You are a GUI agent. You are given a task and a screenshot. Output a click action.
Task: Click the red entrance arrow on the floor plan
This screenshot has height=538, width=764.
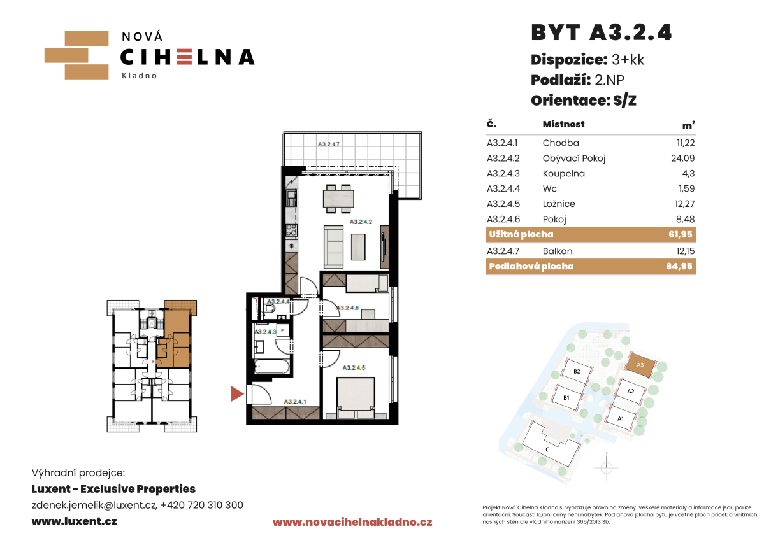point(237,393)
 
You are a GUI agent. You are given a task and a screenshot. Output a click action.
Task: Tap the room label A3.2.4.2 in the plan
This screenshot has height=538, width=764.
point(361,222)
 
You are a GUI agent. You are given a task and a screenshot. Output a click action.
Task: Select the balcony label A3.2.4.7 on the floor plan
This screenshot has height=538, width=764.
point(328,144)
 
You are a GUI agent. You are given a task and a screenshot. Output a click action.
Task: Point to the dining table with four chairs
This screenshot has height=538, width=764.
point(338,199)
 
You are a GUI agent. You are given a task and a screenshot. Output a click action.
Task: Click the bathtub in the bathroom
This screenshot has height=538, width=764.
point(272,366)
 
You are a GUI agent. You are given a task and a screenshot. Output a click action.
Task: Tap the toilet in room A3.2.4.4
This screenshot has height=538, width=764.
point(270,308)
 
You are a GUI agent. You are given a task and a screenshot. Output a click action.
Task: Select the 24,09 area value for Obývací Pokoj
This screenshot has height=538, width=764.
point(682,159)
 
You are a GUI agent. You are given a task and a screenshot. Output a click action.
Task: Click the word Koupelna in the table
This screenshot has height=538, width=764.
point(563,173)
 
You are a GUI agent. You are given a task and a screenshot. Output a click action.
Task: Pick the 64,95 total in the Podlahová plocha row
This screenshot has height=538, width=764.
point(679,266)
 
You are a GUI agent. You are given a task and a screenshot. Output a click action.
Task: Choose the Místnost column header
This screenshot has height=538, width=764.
point(563,124)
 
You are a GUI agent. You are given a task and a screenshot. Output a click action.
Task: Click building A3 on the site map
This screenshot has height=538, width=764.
point(640,365)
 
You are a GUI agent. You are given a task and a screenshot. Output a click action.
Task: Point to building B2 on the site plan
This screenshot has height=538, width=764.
point(577,371)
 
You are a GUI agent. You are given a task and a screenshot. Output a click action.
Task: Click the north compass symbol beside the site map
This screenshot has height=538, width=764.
point(607,467)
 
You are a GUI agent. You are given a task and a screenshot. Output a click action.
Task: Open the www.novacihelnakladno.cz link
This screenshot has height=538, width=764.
point(352,523)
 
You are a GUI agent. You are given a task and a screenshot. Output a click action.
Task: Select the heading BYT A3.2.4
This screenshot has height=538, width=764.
point(602,32)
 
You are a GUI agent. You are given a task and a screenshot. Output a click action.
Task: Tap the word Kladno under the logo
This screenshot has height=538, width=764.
point(140,76)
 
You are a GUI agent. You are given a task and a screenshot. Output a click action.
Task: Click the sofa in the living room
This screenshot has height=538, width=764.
point(334,247)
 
